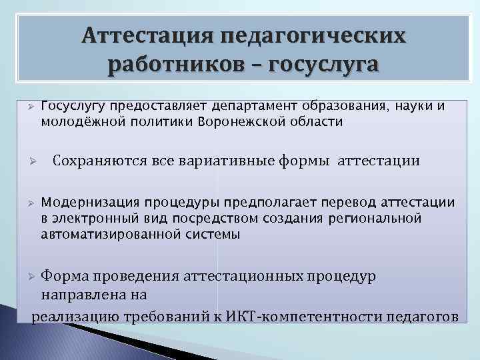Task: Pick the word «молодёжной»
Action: [77, 122]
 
